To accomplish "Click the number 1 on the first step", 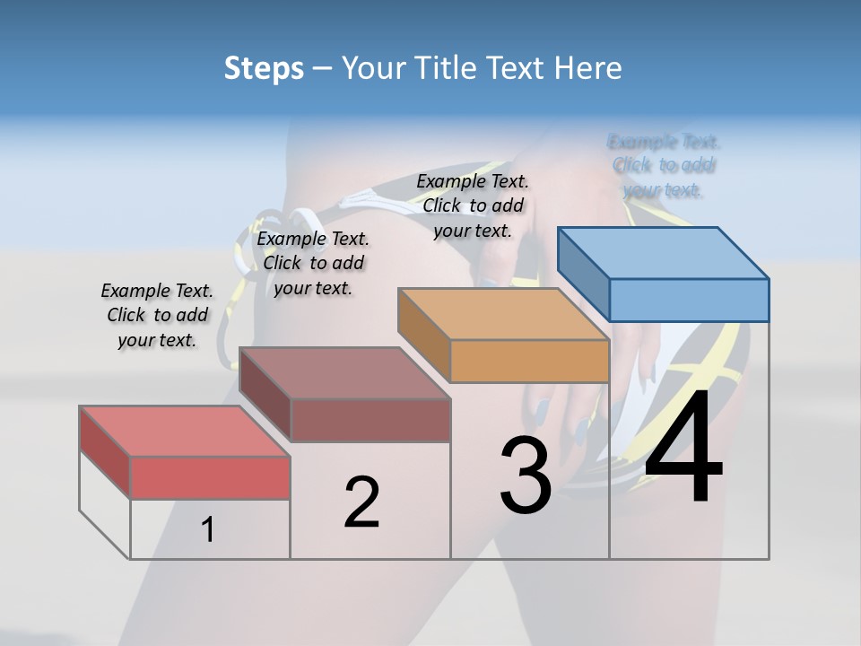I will click(208, 530).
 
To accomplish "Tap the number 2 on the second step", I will click(361, 502).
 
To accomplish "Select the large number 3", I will click(526, 476).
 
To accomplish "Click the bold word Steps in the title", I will click(264, 68).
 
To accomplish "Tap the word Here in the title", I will click(590, 68).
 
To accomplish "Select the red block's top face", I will click(184, 431).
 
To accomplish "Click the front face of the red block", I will click(210, 477).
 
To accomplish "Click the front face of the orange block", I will click(529, 362).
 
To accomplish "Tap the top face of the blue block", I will click(662, 253).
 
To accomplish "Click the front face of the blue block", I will click(689, 300).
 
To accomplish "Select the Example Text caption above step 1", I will click(157, 315).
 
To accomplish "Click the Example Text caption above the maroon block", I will click(313, 263).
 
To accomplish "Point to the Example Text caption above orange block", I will click(473, 205).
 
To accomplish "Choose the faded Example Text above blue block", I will click(664, 166).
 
